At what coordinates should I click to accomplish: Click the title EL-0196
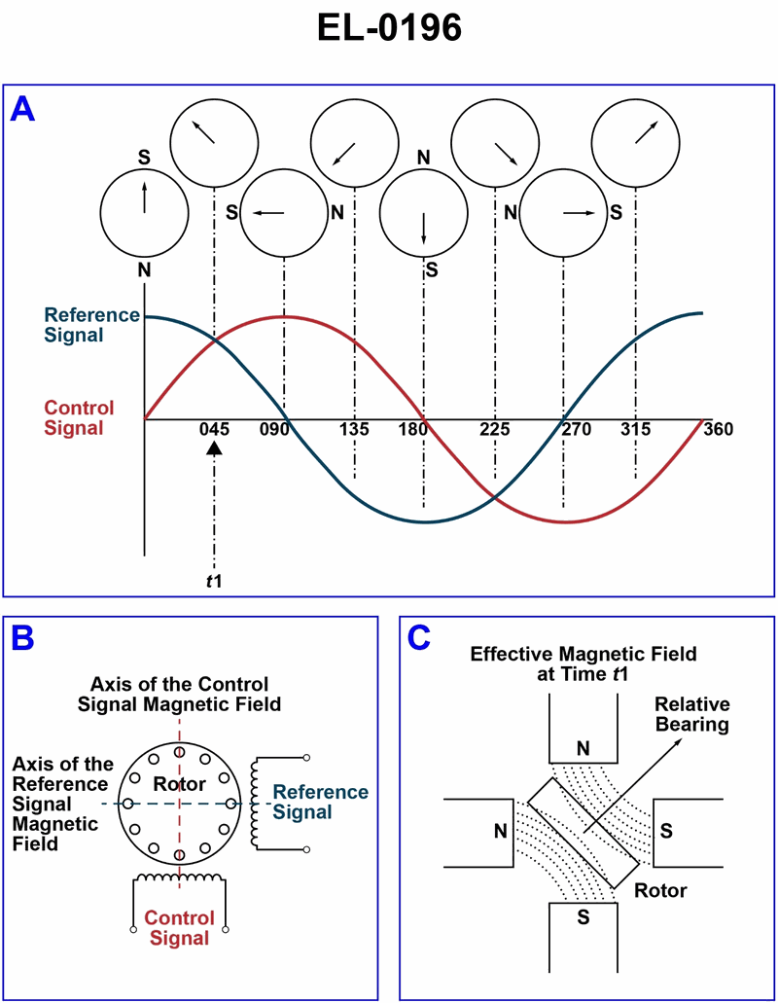(389, 28)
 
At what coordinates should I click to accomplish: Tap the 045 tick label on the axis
(214, 429)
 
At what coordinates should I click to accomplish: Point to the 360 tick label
(719, 429)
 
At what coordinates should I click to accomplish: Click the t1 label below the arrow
(214, 581)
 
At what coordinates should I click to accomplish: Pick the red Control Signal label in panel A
(80, 417)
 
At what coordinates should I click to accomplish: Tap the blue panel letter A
(22, 109)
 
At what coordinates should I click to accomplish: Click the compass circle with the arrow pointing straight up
(144, 211)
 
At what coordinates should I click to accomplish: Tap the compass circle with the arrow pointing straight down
(424, 211)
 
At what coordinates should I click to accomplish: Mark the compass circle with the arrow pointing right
(563, 211)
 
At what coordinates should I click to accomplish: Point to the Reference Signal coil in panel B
(258, 803)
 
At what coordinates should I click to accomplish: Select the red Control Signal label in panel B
(178, 928)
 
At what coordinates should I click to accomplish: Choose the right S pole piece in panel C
(686, 832)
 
